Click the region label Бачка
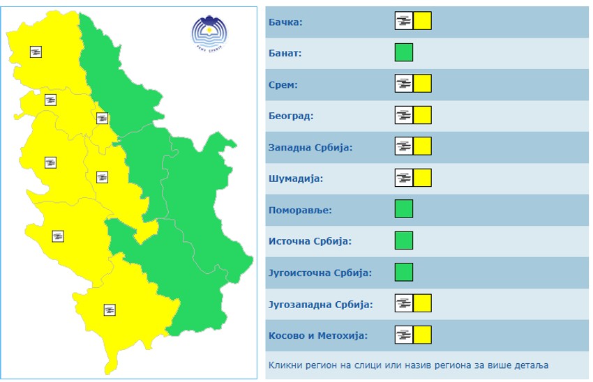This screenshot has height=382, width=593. [285, 22]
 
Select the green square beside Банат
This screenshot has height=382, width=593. [403, 52]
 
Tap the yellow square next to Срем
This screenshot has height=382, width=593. [422, 84]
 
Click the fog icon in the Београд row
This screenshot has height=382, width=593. [403, 115]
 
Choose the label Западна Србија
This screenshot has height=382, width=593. [310, 147]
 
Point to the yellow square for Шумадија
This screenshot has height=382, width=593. [422, 178]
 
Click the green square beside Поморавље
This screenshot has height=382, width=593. [403, 209]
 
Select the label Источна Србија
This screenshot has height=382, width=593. [310, 241]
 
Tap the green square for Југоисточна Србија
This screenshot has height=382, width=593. [403, 272]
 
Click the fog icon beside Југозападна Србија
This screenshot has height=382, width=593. [403, 303]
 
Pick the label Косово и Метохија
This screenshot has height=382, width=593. [317, 335]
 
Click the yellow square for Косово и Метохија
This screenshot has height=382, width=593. [422, 335]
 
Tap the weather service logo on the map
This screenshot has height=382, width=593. [209, 33]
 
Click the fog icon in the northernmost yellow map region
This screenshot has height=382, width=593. [36, 52]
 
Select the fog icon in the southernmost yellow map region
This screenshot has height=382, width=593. [109, 310]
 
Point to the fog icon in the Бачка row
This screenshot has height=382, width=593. [403, 21]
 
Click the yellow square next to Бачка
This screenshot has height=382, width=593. [422, 21]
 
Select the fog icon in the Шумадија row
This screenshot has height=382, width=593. [403, 178]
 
